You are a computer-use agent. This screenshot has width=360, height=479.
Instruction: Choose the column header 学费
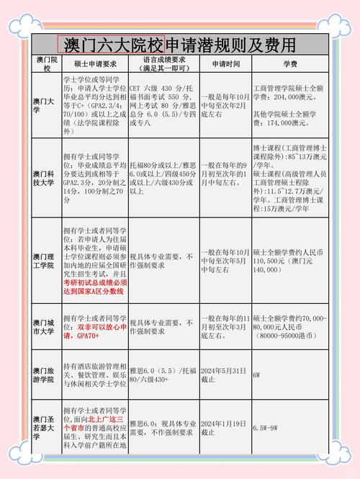tap(289, 63)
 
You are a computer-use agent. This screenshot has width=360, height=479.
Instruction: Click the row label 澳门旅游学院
tap(46, 375)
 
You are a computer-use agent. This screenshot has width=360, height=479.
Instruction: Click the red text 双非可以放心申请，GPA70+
tap(93, 331)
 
